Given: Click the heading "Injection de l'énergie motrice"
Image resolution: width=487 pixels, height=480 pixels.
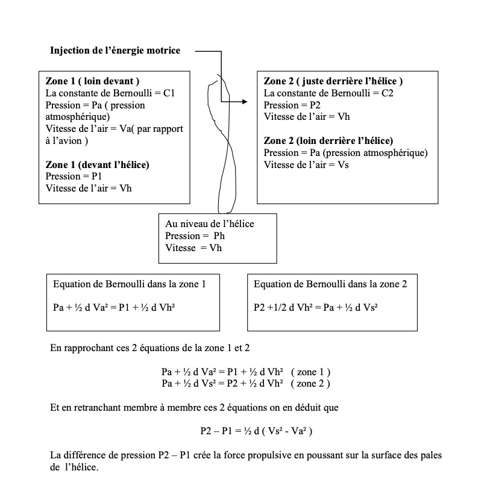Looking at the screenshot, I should pyautogui.click(x=115, y=51).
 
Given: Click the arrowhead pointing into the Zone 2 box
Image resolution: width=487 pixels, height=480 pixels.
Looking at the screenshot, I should pyautogui.click(x=244, y=102).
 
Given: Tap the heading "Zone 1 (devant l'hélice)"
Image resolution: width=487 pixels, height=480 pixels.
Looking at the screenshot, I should pyautogui.click(x=98, y=164).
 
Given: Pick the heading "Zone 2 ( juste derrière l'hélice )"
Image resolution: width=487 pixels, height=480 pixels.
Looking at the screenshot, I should pyautogui.click(x=333, y=81).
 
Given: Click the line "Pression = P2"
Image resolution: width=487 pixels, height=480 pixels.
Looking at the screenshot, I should pyautogui.click(x=290, y=105).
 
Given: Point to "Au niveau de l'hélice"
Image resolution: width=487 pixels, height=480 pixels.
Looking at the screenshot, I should pyautogui.click(x=210, y=223).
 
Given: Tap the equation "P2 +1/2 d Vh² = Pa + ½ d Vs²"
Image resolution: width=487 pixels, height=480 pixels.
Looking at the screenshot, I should pyautogui.click(x=316, y=307).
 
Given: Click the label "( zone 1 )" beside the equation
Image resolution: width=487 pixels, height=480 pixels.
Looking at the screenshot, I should pyautogui.click(x=310, y=372).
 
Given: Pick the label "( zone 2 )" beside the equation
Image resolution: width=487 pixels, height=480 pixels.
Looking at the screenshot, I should pyautogui.click(x=310, y=383).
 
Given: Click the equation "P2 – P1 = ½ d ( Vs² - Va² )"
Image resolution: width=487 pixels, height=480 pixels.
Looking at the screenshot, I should pyautogui.click(x=256, y=431).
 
